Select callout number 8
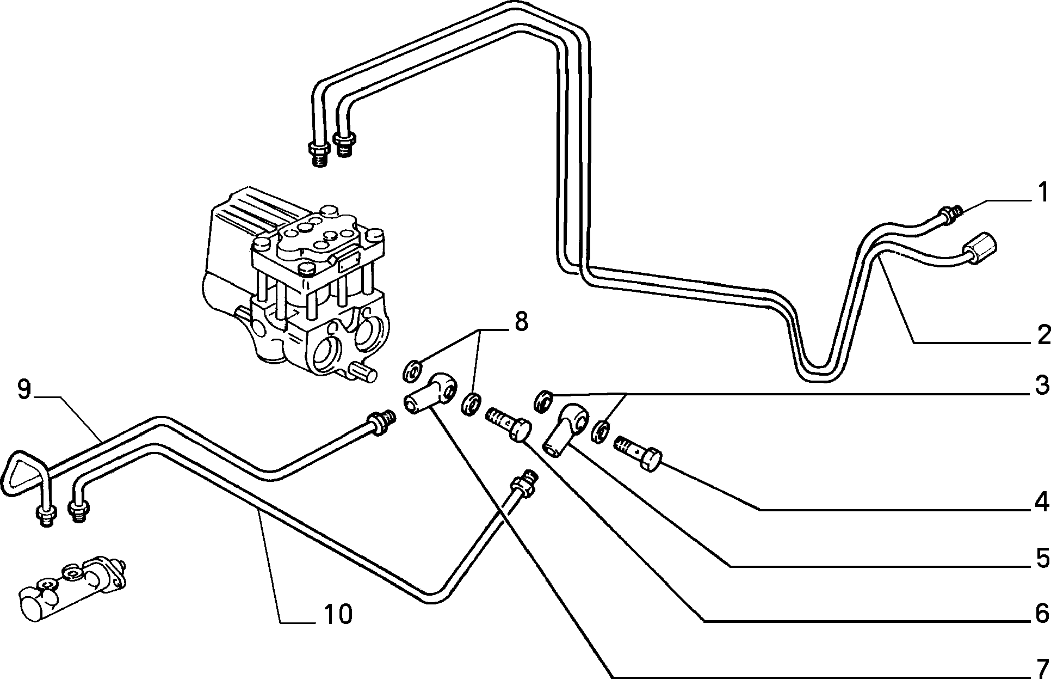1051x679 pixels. [521, 322]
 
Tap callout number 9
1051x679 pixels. [23, 390]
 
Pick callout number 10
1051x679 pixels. [338, 614]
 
